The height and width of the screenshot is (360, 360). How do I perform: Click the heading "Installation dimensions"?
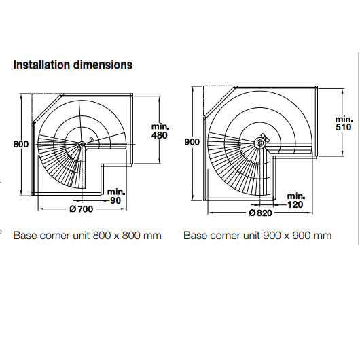pos(73,65)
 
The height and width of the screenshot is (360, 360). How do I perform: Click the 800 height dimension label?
pos(21,145)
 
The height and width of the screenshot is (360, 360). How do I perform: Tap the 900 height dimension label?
pos(192,142)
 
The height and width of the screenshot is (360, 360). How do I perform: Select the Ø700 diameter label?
pos(82,209)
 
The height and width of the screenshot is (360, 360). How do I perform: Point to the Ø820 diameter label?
pos(260,213)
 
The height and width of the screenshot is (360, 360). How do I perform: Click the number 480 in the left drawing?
pos(160,135)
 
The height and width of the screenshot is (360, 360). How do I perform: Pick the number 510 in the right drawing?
pos(344,127)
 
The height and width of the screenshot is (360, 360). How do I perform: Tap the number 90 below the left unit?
pos(115,200)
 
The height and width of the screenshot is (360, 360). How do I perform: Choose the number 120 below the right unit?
pos(295,204)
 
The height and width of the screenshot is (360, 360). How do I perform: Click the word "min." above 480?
pos(160,126)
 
